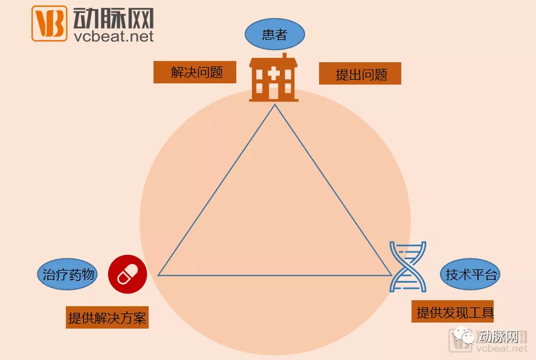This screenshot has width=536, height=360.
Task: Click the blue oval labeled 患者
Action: point(274,35)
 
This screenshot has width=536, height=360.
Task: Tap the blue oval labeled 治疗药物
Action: point(67,275)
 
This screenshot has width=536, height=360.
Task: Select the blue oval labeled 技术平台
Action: point(470,275)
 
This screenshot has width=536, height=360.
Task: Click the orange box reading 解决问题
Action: point(195,72)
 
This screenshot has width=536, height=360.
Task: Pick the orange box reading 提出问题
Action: point(360,74)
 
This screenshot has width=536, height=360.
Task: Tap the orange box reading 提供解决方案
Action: point(107,318)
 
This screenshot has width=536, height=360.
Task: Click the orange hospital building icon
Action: point(274,79)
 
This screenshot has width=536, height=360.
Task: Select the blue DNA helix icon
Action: point(407,266)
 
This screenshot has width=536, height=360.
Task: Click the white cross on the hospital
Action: point(274,74)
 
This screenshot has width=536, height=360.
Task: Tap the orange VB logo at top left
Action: point(49,24)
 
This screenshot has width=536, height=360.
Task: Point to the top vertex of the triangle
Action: point(275,105)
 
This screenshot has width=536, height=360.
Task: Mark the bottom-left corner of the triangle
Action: point(159,275)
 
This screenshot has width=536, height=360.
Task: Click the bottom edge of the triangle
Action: point(275,275)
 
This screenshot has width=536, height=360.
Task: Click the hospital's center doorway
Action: point(274,92)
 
